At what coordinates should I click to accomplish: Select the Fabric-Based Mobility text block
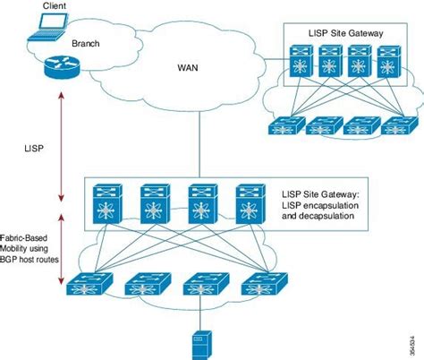click(x=28, y=244)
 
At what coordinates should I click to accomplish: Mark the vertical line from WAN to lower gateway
click(x=197, y=143)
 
